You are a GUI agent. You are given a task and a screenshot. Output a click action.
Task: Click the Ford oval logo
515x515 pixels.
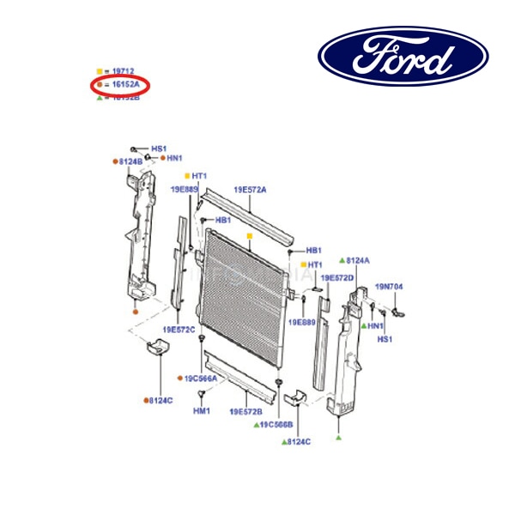click(x=403, y=56)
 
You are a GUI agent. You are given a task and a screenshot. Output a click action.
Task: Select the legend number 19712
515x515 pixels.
click(x=124, y=71)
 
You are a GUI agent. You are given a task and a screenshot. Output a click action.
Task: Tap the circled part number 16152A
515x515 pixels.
click(x=124, y=85)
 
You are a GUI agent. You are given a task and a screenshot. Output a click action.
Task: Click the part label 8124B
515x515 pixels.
click(x=131, y=161)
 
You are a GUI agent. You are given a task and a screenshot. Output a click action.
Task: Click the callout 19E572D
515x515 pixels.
click(x=337, y=277)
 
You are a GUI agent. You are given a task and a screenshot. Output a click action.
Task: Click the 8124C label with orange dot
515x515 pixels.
click(x=160, y=400)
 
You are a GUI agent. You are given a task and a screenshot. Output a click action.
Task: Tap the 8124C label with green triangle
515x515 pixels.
click(x=299, y=441)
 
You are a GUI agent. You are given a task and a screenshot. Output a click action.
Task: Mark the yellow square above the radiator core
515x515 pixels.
click(x=249, y=235)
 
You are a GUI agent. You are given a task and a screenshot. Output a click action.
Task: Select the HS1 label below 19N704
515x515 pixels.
click(x=385, y=339)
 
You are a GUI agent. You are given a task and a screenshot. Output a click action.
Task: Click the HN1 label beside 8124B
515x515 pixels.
click(x=174, y=159)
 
